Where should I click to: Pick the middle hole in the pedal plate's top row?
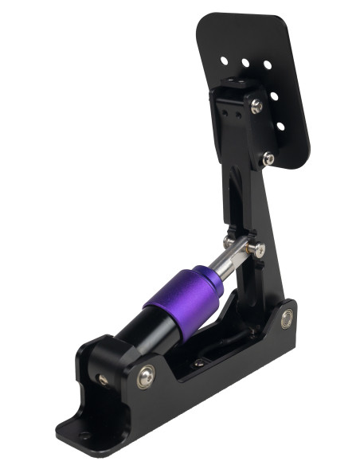coord(246,61)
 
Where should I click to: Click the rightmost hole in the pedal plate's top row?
coord(267,64)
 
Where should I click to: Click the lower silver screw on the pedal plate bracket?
coord(269,159)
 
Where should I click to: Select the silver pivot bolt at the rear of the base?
coord(285,320)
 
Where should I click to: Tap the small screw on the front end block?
coord(102,379)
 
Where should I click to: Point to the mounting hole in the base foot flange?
coord(84,435)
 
